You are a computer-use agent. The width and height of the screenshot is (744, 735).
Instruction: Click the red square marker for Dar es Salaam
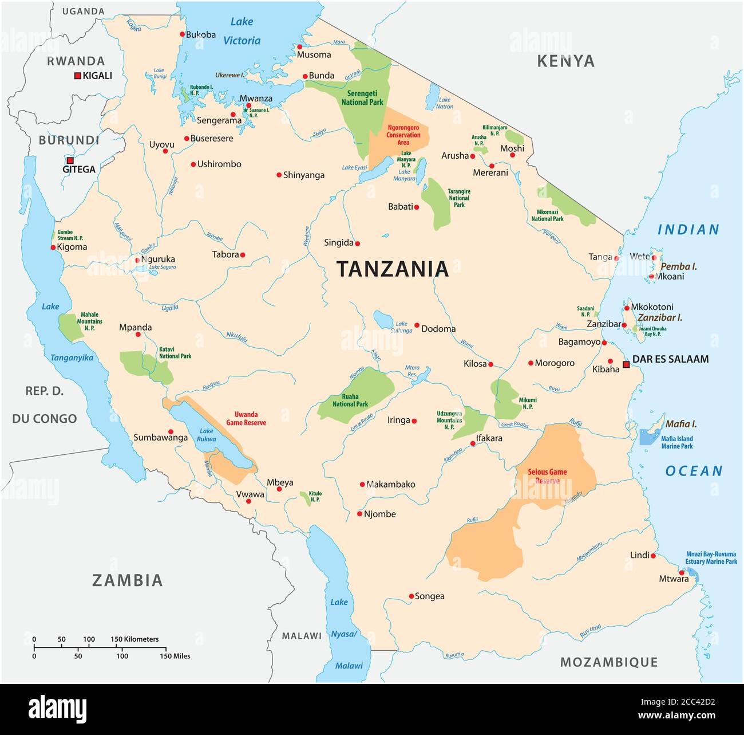click(x=626, y=363)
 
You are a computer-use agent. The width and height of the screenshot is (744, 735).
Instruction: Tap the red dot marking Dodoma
click(x=417, y=325)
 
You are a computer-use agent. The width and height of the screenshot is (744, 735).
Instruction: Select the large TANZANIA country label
click(x=392, y=269)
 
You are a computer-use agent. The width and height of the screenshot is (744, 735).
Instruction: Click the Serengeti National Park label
click(x=362, y=97)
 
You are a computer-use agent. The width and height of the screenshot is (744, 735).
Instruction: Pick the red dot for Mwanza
click(x=248, y=105)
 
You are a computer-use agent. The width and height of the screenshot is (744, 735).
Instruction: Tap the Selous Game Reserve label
click(x=549, y=476)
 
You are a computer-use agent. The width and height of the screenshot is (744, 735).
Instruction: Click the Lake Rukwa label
click(x=207, y=435)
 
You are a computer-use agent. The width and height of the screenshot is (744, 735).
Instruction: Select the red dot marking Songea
click(x=411, y=596)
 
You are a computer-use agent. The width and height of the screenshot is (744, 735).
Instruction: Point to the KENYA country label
click(x=565, y=61)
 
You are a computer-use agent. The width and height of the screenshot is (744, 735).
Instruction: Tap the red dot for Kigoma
click(x=53, y=247)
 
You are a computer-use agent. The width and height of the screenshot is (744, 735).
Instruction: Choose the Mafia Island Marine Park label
click(x=677, y=442)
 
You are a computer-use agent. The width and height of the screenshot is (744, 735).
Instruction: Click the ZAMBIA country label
click(x=128, y=580)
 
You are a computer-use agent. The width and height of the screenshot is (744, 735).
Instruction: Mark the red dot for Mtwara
click(x=681, y=573)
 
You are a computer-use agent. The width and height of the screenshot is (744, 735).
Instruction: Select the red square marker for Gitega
click(x=70, y=161)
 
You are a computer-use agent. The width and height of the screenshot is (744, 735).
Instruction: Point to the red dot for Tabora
click(x=243, y=255)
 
